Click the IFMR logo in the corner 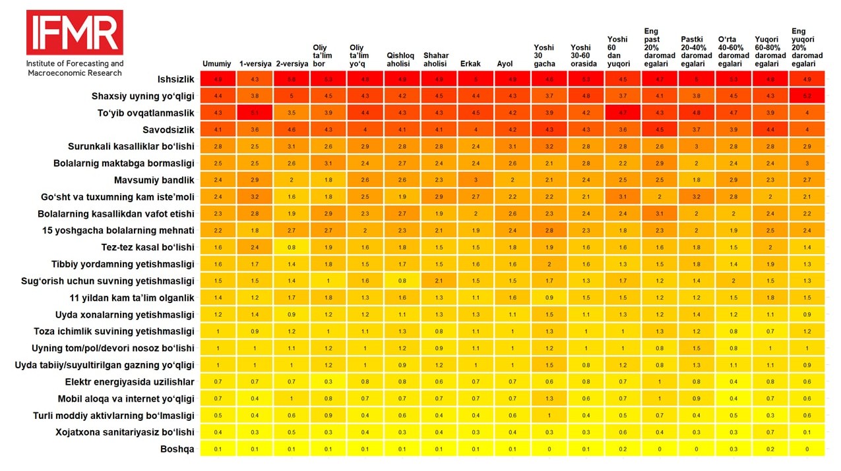[75, 32]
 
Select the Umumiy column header [217, 64]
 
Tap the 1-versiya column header [255, 64]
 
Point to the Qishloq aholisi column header [400, 60]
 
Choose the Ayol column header [505, 64]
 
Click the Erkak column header [470, 64]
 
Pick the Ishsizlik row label [175, 79]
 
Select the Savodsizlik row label [168, 130]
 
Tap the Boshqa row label [178, 449]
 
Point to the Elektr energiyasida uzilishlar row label [129, 381]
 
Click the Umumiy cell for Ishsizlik [218, 79]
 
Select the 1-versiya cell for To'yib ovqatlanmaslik [255, 113]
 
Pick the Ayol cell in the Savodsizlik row [513, 130]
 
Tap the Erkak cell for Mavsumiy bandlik [476, 180]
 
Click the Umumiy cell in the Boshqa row [218, 449]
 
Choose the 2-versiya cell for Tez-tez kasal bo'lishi [292, 247]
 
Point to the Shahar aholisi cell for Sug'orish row [439, 281]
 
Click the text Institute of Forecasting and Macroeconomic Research [75, 68]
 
